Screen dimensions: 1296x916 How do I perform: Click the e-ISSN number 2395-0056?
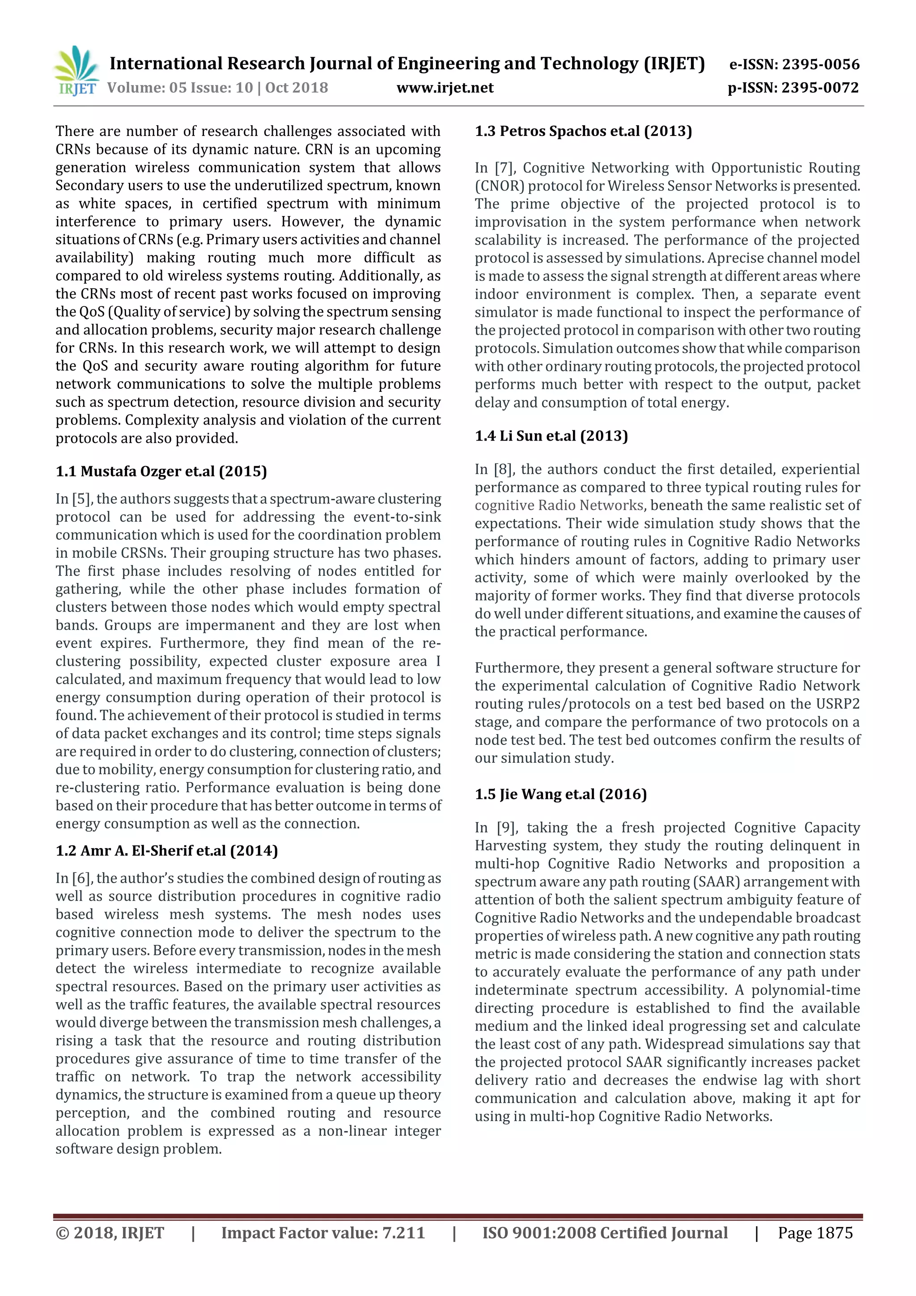[x=820, y=64]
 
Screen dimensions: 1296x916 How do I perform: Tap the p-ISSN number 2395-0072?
[x=820, y=88]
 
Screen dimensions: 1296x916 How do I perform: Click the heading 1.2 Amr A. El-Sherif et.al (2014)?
[x=166, y=850]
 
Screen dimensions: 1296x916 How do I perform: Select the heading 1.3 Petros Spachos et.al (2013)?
[x=583, y=131]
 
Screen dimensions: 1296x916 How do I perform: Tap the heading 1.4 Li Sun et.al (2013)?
[x=551, y=436]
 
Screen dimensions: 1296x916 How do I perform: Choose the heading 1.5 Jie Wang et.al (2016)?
[x=560, y=794]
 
